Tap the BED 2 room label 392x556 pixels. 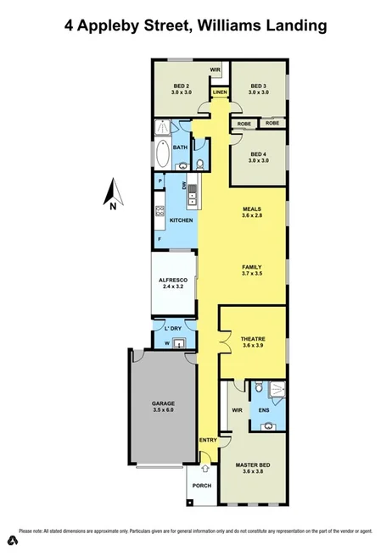click(x=181, y=85)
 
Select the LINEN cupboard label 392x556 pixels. click(x=220, y=92)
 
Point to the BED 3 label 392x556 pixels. click(x=259, y=85)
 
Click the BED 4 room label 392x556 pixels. click(x=259, y=153)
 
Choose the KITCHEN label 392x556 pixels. click(x=182, y=220)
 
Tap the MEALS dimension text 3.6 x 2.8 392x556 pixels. click(x=251, y=216)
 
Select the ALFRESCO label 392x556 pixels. click(x=173, y=280)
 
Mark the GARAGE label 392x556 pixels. click(x=162, y=403)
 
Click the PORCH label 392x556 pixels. click(x=202, y=485)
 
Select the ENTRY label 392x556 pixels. click(x=207, y=441)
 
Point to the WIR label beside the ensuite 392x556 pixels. click(x=237, y=411)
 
